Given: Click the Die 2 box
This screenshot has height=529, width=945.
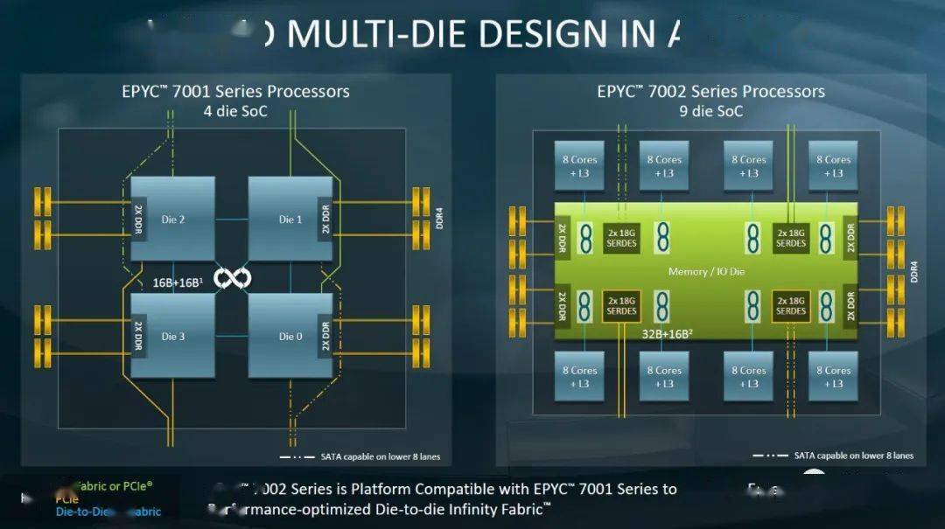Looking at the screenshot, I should (x=173, y=219).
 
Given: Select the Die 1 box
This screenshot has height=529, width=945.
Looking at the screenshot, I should (x=290, y=219).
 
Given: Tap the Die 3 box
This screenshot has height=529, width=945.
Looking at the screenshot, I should (x=173, y=336).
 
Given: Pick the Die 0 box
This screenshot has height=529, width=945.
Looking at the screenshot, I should (x=290, y=336).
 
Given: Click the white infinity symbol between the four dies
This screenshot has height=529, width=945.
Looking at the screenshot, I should (x=233, y=278).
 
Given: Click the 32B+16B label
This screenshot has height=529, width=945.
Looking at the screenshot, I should (x=668, y=331).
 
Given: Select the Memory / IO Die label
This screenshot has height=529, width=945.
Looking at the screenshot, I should (x=706, y=272).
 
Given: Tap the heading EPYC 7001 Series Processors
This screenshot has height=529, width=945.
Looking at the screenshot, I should (x=235, y=92).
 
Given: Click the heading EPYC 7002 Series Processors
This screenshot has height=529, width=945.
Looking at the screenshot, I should (x=710, y=92).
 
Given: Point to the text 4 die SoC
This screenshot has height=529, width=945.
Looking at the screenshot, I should (x=235, y=111).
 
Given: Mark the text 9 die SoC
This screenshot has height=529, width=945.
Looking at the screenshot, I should (x=710, y=111).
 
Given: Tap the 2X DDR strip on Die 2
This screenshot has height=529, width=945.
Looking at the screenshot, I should (x=138, y=219).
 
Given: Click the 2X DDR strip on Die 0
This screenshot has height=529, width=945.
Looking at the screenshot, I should (x=325, y=337).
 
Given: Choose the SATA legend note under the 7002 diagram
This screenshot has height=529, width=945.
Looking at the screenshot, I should (x=853, y=456).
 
